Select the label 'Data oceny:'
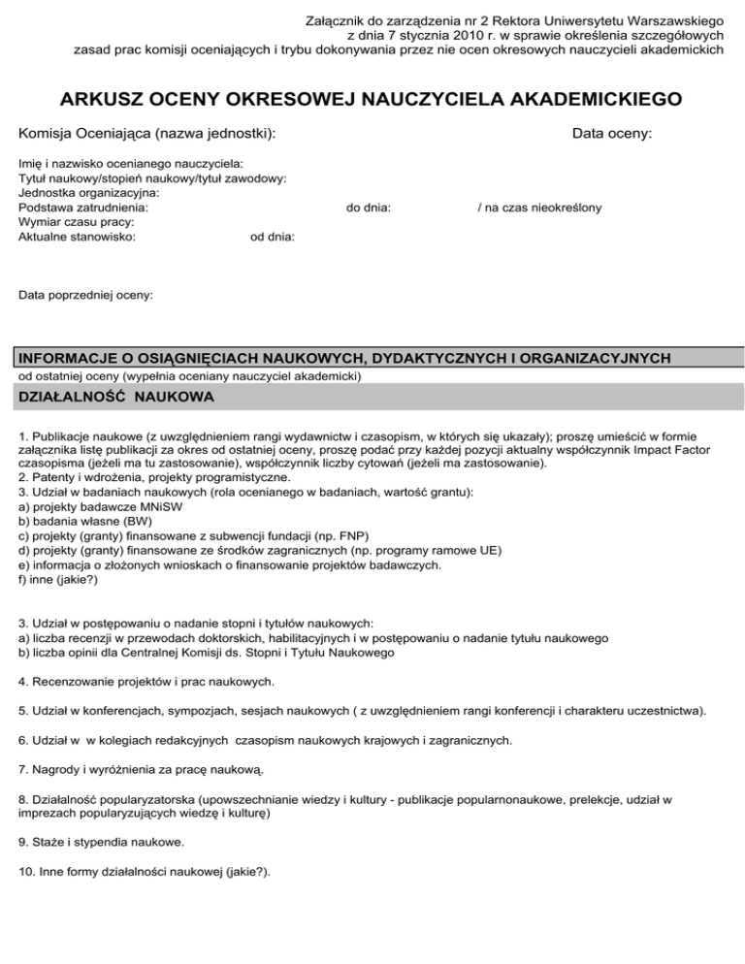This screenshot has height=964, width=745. [x=611, y=133]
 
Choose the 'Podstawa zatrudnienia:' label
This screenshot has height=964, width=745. [x=83, y=207]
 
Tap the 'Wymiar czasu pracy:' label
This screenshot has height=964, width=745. [x=77, y=220]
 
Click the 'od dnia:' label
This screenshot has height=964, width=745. [x=273, y=236]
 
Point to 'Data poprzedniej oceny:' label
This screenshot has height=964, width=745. [x=85, y=292]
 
